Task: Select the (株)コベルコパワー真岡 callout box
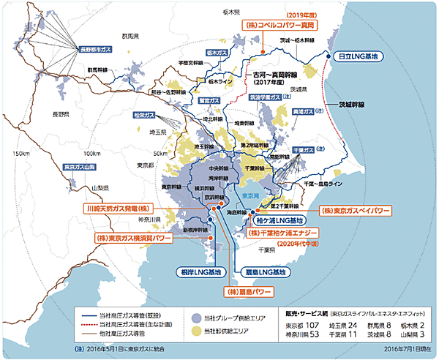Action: pyautogui.click(x=274, y=25)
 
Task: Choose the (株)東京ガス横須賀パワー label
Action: pyautogui.click(x=134, y=239)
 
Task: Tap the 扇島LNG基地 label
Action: pyautogui.click(x=264, y=272)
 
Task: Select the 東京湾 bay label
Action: pyautogui.click(x=250, y=195)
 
